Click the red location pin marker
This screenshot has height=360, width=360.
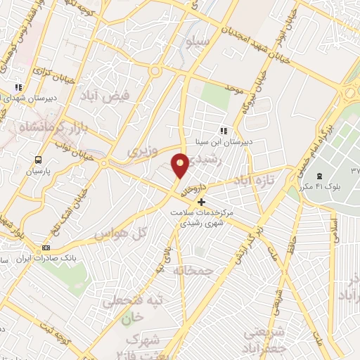(181, 165)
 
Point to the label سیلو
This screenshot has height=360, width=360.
(198, 41)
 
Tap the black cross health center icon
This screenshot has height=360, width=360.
(202, 202)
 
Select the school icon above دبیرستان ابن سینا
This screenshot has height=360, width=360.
(224, 131)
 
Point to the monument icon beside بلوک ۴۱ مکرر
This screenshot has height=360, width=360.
(320, 175)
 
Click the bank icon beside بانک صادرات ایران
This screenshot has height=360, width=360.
(46, 247)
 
